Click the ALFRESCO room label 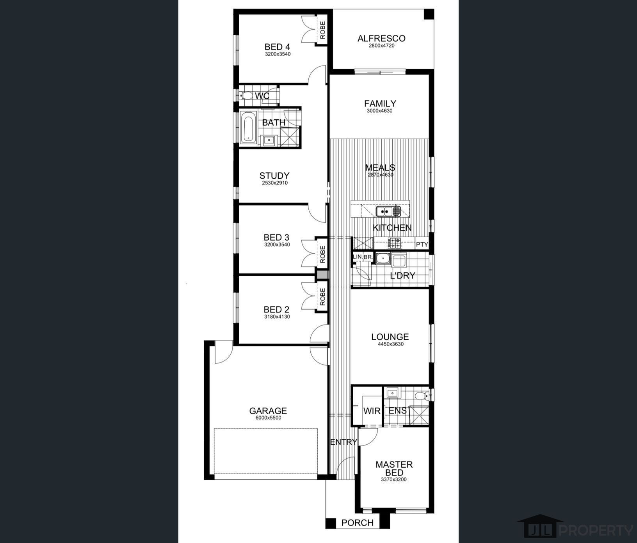coord(381,38)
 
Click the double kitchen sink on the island coord(388,211)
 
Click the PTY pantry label coord(422,245)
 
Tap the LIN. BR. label coord(363,257)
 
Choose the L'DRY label coord(402,276)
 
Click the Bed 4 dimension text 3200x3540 coord(278,54)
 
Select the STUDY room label coord(274,176)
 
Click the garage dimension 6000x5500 coord(268,418)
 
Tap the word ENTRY coord(343,442)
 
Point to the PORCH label coord(357,523)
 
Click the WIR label coord(372,411)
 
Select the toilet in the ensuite coord(421,397)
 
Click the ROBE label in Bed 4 coord(323,30)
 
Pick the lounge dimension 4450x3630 coord(390,344)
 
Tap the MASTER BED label coord(394,468)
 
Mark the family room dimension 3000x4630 coord(380,111)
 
